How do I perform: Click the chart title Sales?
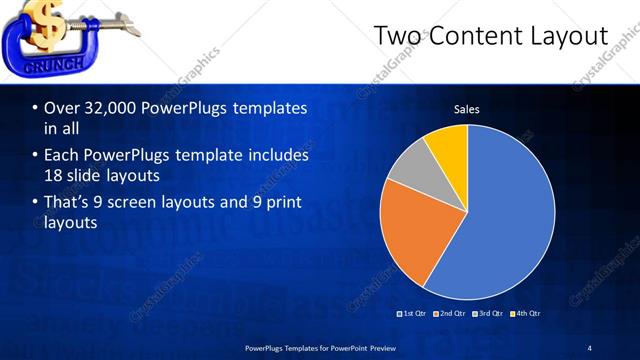click(x=466, y=109)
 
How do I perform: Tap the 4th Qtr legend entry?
click(x=527, y=314)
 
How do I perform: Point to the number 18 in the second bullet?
click(x=53, y=175)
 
